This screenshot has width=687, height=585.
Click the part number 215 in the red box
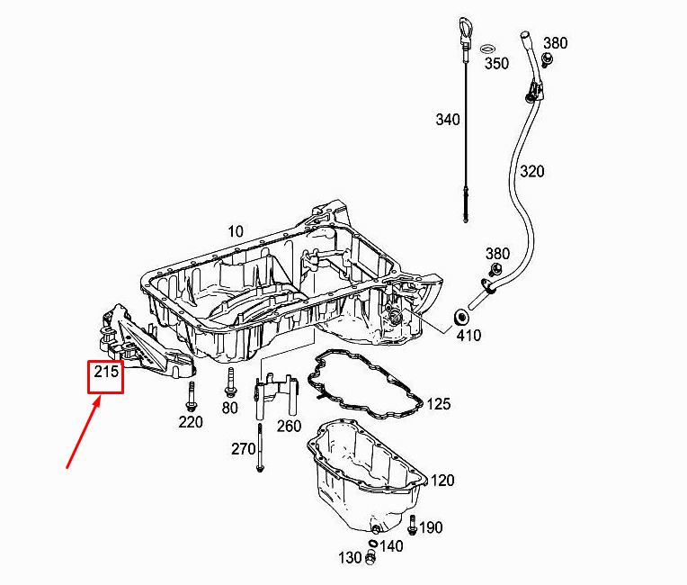[x=106, y=372]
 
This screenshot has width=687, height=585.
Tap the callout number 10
[x=236, y=231]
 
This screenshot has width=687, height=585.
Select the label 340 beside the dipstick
[x=447, y=120]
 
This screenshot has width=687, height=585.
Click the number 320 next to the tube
[x=532, y=171]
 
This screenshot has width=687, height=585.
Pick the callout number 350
[x=496, y=63]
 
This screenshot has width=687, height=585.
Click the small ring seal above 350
[x=487, y=49]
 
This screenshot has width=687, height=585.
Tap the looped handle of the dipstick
[x=465, y=29]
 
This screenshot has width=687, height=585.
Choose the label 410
[x=468, y=336]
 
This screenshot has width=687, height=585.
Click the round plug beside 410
[x=461, y=316]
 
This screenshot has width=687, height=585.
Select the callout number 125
[x=438, y=403]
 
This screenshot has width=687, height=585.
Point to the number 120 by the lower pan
[x=442, y=481]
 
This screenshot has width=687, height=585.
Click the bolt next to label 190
[x=412, y=525]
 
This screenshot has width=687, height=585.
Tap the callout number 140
[x=391, y=546]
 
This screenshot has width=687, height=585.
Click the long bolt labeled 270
[x=260, y=447]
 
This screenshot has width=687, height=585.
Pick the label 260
[x=289, y=426]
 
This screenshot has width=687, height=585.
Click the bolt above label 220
[x=190, y=396]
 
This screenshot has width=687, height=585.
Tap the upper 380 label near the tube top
[x=555, y=43]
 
